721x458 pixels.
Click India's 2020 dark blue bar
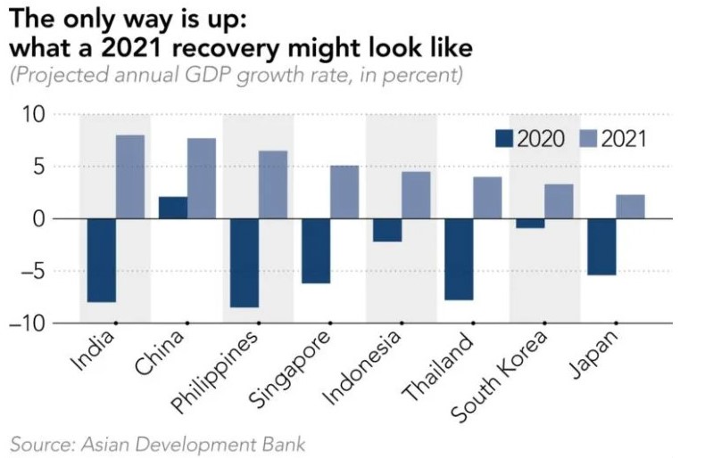pos(101,260)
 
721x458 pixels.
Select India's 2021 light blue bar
pos(129,176)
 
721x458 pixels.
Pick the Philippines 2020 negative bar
pos(244,263)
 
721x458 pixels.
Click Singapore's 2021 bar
pos(344,192)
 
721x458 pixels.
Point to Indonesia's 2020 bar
pos(387,230)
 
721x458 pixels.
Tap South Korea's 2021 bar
pos(559,201)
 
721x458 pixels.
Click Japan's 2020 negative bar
pos(601,247)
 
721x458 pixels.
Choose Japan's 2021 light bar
pos(630,207)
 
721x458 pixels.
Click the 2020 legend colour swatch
pos(504,138)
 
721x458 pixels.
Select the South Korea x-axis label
pos(501,375)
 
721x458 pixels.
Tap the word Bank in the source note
pos(284,442)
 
